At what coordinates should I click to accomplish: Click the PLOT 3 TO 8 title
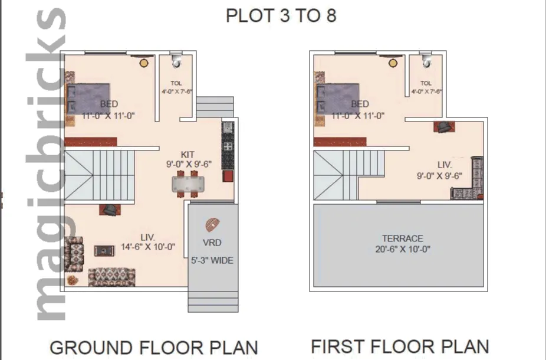[281, 15]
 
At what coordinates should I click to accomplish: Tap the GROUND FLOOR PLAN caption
[153, 347]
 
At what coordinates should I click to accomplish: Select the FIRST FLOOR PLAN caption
[400, 346]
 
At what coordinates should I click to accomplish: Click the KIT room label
[188, 154]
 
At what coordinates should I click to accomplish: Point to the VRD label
[212, 242]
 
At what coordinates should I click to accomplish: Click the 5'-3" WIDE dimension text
[212, 260]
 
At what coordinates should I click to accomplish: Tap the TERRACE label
[402, 238]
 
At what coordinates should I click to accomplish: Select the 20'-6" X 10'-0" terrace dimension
[402, 249]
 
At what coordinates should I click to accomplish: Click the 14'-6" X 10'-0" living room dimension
[148, 247]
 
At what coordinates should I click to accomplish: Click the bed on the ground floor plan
[88, 98]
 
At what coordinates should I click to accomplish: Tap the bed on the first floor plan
[338, 98]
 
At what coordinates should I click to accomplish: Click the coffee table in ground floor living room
[104, 250]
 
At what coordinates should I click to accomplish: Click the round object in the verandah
[212, 225]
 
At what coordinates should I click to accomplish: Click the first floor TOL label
[426, 83]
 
